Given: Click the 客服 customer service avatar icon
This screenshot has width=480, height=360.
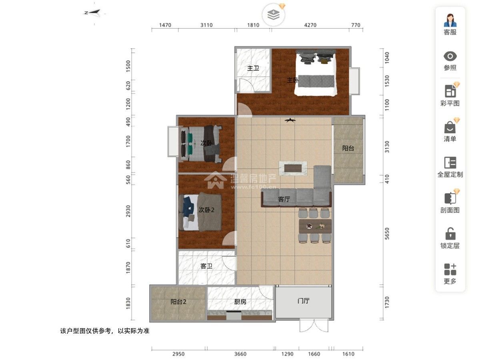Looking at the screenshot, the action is coord(450,20).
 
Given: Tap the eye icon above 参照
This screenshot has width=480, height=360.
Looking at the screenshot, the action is coord(450,56).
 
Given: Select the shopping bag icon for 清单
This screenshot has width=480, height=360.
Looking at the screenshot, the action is coord(450,128).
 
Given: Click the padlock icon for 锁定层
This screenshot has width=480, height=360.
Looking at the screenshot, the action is coord(450,234).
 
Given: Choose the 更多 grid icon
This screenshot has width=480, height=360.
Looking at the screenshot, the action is coord(450,269).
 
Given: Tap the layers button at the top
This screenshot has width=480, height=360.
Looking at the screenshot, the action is coord(273,15).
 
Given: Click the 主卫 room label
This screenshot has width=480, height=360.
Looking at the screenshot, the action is coord(253,68).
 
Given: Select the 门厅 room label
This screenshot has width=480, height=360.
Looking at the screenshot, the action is coord(303,301).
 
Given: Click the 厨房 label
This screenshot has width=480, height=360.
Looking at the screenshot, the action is coord(240,302).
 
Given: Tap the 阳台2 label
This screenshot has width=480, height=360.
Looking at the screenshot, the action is coord(178,302).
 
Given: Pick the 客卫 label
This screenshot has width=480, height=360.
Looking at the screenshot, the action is coord(206,266).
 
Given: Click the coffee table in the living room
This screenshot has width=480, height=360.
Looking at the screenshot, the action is coord(293,168).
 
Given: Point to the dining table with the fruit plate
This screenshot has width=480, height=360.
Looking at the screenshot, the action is coord(315,226).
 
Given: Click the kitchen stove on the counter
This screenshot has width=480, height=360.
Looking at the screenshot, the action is coord(234,315).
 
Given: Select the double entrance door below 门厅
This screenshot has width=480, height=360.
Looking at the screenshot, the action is coord(314,326).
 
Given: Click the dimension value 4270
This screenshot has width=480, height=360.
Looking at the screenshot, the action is coord(310,25).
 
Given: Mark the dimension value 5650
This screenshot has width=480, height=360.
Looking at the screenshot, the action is coord(387,234).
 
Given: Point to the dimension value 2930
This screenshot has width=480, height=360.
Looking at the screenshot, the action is coord(128,211).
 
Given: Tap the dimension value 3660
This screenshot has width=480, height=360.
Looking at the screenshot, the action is coord(240,354).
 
